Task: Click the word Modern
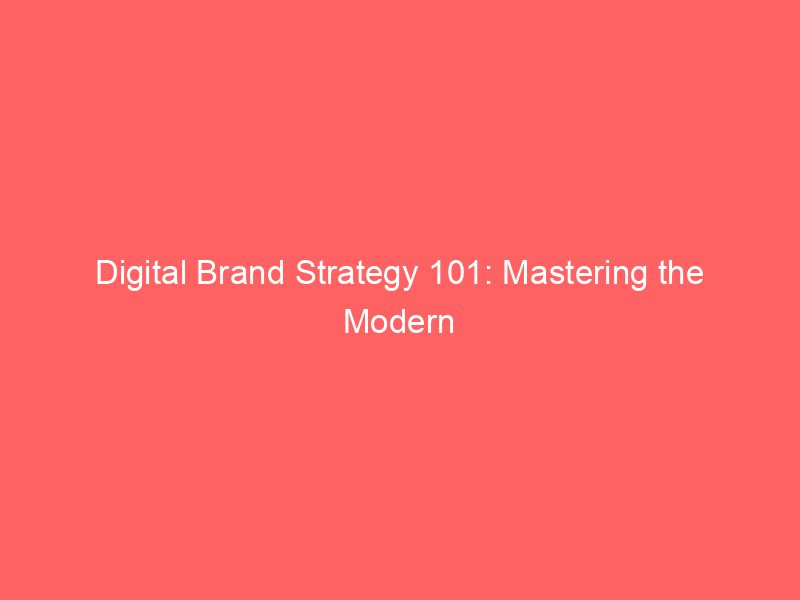click(x=400, y=323)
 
